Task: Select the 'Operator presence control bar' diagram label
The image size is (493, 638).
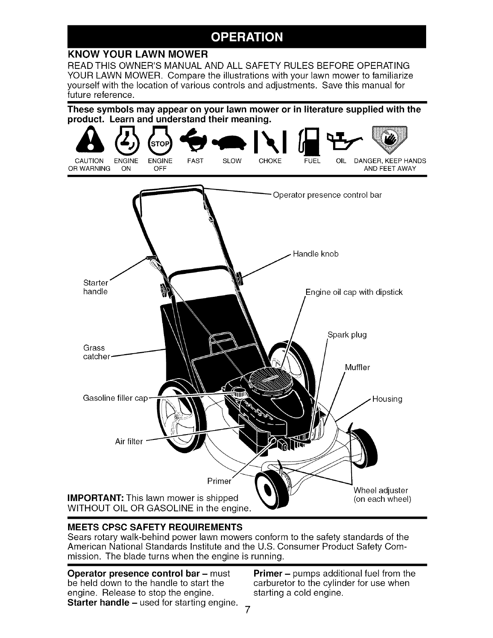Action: click(327, 195)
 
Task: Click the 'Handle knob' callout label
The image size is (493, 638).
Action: click(316, 254)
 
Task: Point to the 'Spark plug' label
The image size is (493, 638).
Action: click(347, 335)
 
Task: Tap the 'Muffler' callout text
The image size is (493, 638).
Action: click(357, 367)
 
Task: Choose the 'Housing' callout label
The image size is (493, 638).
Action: click(387, 399)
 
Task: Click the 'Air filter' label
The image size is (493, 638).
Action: click(129, 441)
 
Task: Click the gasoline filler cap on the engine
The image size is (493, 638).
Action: click(239, 393)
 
